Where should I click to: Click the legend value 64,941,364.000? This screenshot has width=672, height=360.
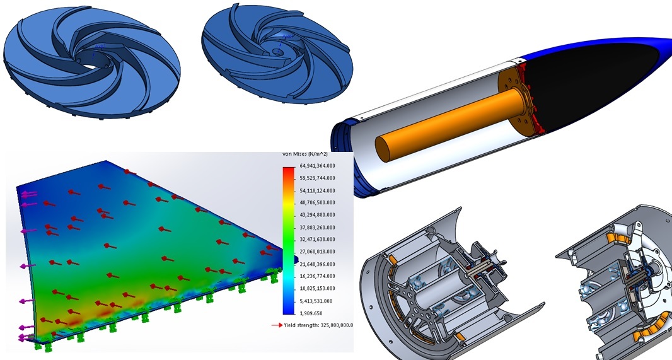coord(318,166)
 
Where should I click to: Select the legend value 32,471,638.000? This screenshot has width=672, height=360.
coord(318,239)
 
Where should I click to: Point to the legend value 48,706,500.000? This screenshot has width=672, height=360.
coord(318,202)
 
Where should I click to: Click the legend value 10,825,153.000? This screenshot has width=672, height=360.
coord(318,288)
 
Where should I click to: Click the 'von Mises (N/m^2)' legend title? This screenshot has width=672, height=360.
coord(304,154)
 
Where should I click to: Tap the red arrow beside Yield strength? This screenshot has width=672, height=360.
coord(277,325)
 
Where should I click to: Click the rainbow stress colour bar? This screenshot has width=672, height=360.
coord(289,240)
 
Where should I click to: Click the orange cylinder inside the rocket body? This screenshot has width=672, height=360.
coord(450,124)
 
